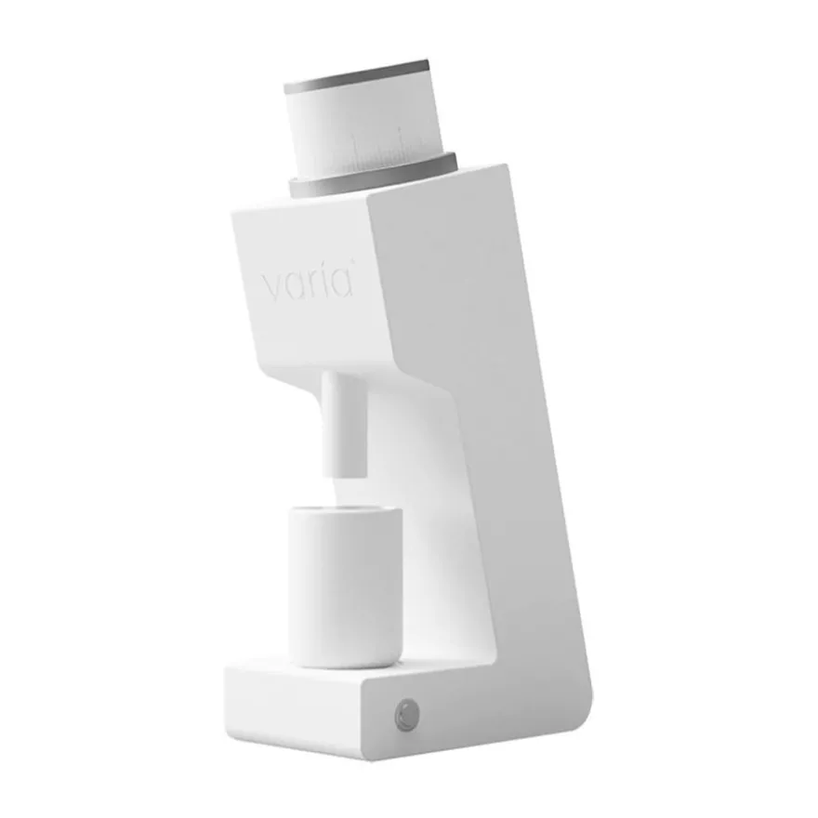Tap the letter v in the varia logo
pos(272,287)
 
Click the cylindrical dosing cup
pos(346,587)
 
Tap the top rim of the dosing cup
pos(346,512)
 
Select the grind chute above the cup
pos(344,424)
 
